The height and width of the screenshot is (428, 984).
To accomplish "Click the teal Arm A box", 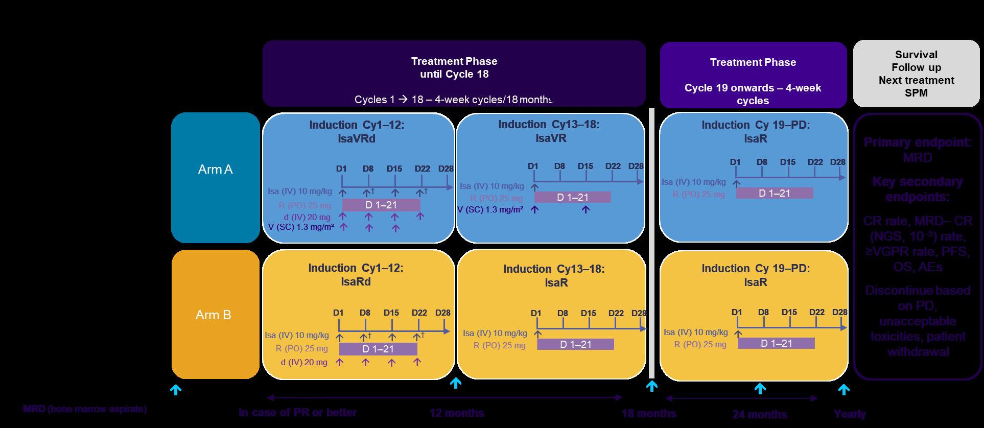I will [x=215, y=177].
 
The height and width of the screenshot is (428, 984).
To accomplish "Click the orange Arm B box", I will [x=215, y=314].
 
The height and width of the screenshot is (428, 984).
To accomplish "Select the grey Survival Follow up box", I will [x=916, y=74].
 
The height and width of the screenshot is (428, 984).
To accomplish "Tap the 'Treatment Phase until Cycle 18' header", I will [x=454, y=68].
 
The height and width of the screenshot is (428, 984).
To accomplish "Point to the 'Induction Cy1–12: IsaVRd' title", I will [x=357, y=132].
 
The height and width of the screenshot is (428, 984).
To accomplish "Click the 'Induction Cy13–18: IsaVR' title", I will [x=549, y=131].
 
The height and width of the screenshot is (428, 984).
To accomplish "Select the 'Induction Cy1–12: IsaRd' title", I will [x=356, y=275].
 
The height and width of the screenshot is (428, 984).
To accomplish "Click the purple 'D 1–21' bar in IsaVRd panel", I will [x=381, y=205].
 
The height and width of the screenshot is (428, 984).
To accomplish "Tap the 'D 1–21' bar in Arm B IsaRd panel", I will [x=378, y=349].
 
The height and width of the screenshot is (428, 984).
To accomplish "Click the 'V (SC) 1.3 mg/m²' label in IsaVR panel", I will [x=490, y=209].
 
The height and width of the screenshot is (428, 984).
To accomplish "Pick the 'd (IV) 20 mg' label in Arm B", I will [x=304, y=363].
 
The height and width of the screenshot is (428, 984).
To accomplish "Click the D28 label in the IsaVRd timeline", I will [x=446, y=169].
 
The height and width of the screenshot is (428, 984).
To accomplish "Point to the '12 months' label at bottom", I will [x=457, y=413].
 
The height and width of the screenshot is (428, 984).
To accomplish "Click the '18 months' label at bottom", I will [x=648, y=413].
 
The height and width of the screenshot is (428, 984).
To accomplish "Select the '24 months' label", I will [x=760, y=414].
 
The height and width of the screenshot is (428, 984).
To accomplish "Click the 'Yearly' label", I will [x=849, y=414].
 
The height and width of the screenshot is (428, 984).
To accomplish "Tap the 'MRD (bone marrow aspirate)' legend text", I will [x=85, y=409].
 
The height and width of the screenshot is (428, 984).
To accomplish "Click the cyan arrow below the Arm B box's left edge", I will [x=176, y=390].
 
